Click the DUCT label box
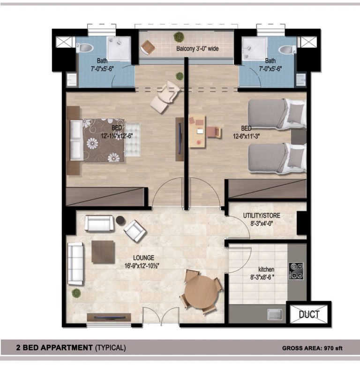click(309, 314)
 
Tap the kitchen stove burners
click(296, 271)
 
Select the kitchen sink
click(275, 314)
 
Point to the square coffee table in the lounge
click(103, 252)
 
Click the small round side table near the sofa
click(120, 220)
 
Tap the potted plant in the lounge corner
click(76, 293)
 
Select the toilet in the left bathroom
click(84, 48)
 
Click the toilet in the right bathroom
click(287, 49)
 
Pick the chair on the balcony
click(148, 47)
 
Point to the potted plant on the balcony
click(179, 37)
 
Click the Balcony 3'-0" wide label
click(197, 49)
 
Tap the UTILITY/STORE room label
click(262, 215)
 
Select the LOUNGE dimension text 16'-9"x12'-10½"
click(142, 266)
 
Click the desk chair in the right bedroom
click(214, 132)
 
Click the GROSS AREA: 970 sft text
click(312, 348)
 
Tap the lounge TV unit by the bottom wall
click(109, 317)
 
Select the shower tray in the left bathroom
click(119, 49)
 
